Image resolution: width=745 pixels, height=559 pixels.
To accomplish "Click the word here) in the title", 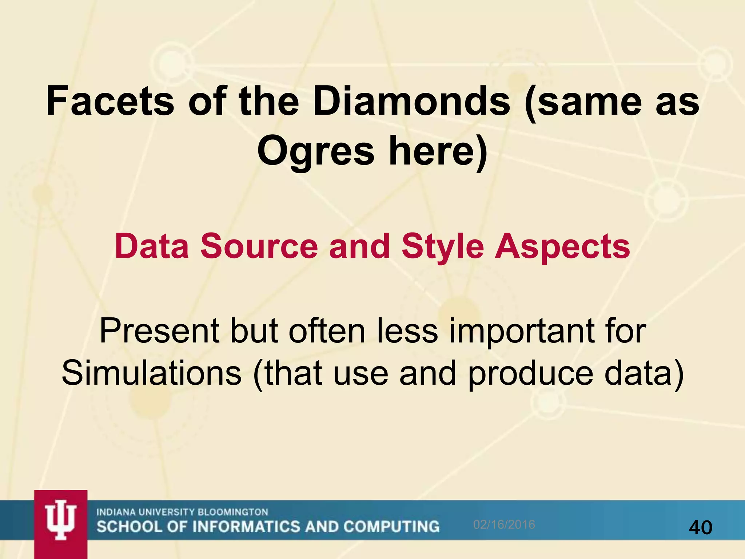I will [x=438, y=151].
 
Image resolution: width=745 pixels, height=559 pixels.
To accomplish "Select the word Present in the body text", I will [x=159, y=331].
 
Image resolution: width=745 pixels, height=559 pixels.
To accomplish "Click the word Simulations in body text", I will [x=151, y=373].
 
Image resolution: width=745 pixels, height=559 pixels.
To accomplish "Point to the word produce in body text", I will [x=530, y=373].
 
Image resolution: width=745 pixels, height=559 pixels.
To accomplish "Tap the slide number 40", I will [x=701, y=527].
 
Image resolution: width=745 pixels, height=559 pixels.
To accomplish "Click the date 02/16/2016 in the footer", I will [x=504, y=524].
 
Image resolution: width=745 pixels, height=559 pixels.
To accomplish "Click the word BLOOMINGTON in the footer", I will [x=232, y=512].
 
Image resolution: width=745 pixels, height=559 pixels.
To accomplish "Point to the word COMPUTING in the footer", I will [x=391, y=527].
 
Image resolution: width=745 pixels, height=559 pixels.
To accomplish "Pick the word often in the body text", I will [x=327, y=331].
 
